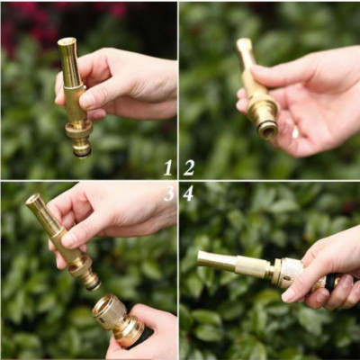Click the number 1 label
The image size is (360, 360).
(167, 167)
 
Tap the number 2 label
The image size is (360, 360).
(189, 167)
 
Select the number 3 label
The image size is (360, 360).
(168, 193)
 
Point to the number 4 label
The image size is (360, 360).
(188, 193)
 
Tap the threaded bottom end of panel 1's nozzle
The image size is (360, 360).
(82, 149)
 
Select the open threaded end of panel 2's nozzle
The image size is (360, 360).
(267, 130)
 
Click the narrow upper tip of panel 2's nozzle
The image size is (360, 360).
(244, 44)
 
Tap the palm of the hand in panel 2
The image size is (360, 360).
(315, 108)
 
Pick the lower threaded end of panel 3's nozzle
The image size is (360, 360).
(91, 280)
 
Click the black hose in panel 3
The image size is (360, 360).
(142, 338)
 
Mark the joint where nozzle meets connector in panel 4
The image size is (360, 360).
(272, 267)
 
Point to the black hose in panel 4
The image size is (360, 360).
(330, 281)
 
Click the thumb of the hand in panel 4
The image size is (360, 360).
(301, 288)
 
